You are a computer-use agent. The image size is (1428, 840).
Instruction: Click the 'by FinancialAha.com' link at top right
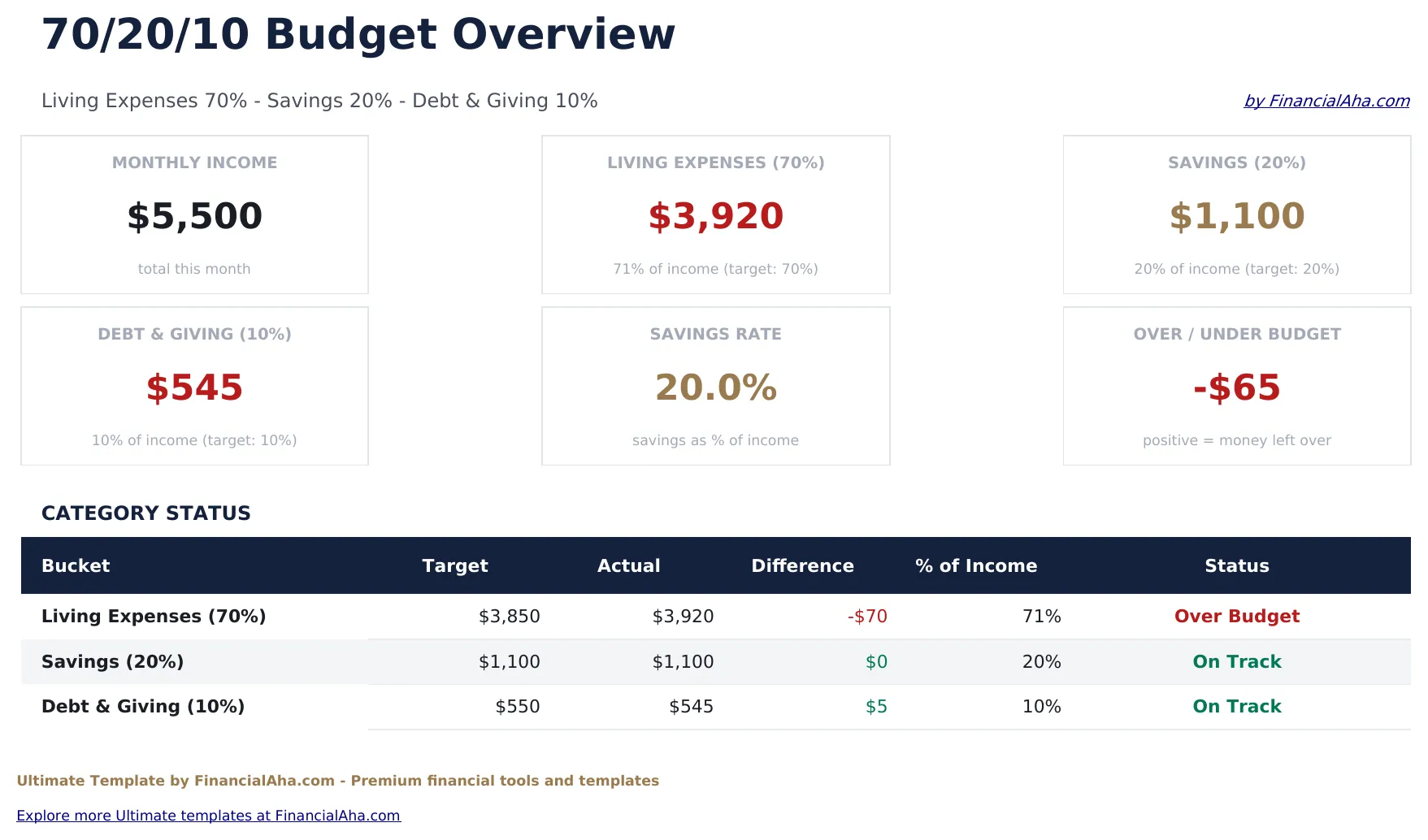click(x=1326, y=101)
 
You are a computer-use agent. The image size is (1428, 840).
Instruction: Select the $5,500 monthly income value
click(x=194, y=216)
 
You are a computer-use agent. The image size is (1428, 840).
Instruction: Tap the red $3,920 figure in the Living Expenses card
click(x=715, y=216)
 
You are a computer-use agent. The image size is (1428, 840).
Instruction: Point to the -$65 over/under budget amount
click(x=1236, y=388)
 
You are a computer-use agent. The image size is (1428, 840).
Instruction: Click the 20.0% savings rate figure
click(x=715, y=388)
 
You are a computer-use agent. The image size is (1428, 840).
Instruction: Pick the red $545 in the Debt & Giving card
click(x=194, y=388)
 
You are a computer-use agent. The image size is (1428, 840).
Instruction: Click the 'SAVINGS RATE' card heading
click(x=715, y=334)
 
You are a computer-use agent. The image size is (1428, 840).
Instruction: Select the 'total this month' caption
click(x=194, y=269)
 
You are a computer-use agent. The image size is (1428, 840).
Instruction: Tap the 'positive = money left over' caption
click(x=1236, y=440)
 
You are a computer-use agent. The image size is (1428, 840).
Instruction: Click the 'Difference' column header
click(x=802, y=565)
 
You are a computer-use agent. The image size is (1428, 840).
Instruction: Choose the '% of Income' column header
click(x=975, y=565)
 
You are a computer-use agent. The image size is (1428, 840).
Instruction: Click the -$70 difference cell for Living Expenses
click(x=866, y=617)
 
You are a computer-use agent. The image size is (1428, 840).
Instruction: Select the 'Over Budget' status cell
click(x=1236, y=617)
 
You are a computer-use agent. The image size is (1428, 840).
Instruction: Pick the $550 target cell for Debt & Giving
click(x=517, y=707)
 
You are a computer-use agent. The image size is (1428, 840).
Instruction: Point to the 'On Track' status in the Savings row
click(x=1236, y=662)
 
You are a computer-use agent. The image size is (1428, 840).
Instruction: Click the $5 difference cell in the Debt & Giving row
click(x=875, y=707)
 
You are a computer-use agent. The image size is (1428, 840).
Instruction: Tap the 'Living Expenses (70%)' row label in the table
click(x=154, y=617)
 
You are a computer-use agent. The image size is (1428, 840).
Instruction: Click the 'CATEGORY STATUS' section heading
click(x=146, y=513)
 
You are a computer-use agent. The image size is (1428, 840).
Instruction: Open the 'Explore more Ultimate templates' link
click(x=208, y=816)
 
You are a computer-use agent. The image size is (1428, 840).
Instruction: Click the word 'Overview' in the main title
click(x=562, y=35)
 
